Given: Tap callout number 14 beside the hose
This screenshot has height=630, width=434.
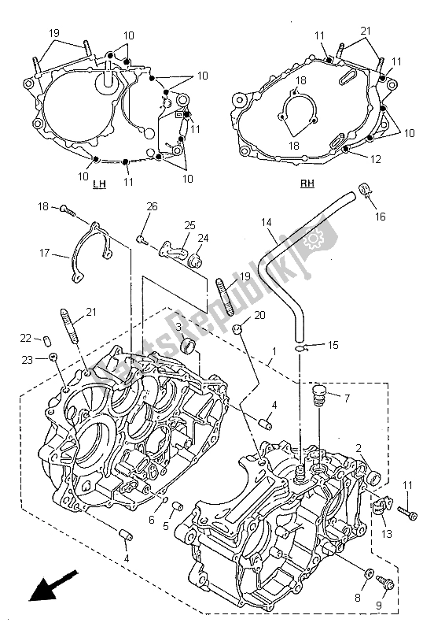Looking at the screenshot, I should click(x=267, y=223).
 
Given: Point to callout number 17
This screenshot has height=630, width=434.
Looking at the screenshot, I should click(x=43, y=254).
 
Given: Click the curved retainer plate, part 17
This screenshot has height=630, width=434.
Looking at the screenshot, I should click(x=92, y=250).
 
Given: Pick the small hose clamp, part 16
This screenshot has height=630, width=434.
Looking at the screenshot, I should click(x=364, y=189).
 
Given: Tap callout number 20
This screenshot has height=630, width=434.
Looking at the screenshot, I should click(x=260, y=316).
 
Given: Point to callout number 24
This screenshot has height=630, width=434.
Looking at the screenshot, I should click(x=203, y=238).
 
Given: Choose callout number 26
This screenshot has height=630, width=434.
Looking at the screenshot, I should click(x=152, y=207).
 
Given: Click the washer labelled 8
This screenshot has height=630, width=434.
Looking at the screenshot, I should click(x=370, y=573).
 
